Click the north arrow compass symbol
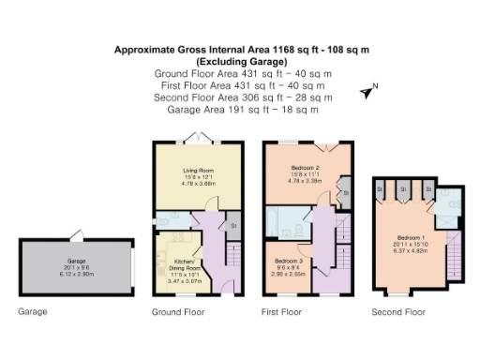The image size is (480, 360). (x=367, y=91)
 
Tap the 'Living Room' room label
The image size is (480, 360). (x=198, y=171)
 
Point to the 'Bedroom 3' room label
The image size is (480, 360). (x=288, y=258)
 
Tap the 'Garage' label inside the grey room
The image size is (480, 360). (x=76, y=259)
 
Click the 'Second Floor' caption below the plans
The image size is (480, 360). (x=398, y=310)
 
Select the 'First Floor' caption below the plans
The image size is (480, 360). (x=281, y=310)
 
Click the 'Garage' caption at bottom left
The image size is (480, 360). (x=32, y=310)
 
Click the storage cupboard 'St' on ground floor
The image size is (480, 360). (x=232, y=225)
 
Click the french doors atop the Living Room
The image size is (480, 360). (x=198, y=138)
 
